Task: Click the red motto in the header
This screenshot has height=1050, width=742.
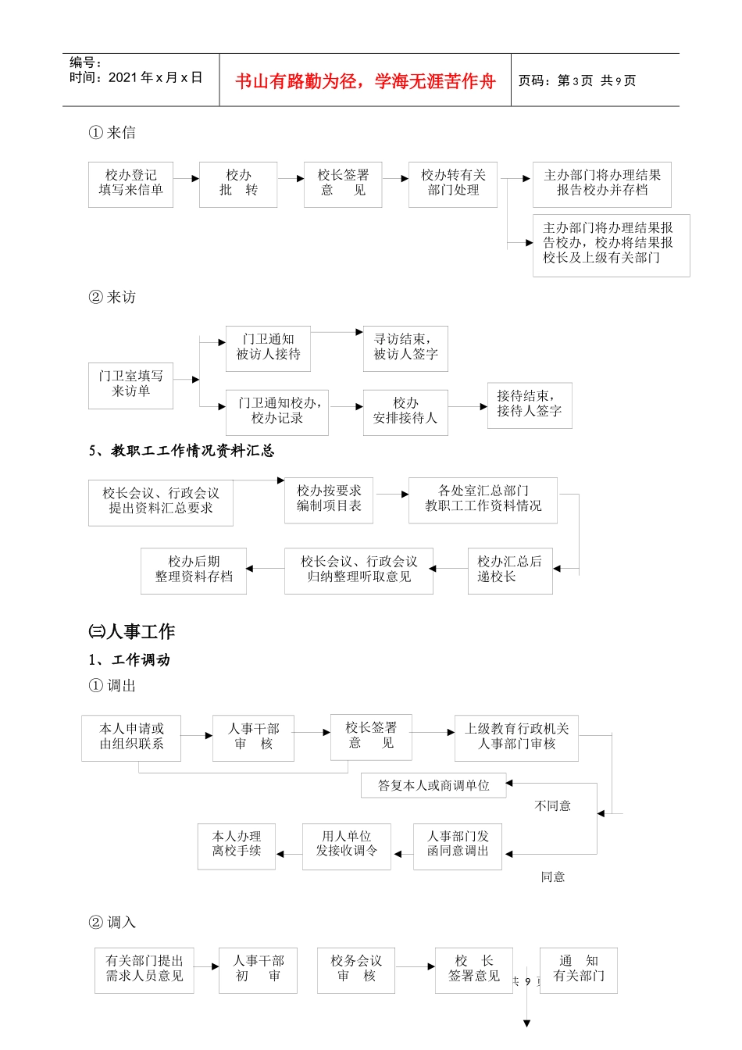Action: [x=365, y=81]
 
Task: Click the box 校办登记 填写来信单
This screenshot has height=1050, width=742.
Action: [x=130, y=184]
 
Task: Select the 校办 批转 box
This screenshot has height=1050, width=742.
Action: [x=238, y=184]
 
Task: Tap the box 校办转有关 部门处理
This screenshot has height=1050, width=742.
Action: [x=453, y=184]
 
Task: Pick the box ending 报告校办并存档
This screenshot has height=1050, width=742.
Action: [x=601, y=184]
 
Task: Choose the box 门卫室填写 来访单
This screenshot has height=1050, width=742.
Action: [x=130, y=384]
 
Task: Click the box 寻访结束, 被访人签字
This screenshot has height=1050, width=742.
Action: [x=405, y=348]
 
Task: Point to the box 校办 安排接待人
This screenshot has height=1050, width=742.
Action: [x=405, y=411]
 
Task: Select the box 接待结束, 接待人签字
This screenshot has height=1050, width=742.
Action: [x=530, y=405]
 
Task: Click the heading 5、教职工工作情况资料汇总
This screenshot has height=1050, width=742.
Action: [x=181, y=451]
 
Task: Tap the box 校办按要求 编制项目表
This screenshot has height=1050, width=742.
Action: [x=329, y=499]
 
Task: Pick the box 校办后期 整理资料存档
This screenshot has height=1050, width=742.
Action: [x=194, y=570]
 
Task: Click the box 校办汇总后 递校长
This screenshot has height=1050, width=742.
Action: [x=509, y=570]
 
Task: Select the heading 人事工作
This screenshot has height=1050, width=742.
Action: [x=132, y=631]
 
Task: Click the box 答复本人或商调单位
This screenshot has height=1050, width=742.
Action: [x=433, y=785]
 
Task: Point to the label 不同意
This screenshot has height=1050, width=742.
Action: [x=552, y=806]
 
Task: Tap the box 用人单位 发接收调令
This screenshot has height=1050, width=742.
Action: [x=346, y=845]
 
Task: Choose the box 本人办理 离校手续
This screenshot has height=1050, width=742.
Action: [x=237, y=845]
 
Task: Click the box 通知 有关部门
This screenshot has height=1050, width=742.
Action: [x=579, y=970]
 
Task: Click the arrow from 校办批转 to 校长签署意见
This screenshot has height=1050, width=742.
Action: [x=291, y=179]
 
